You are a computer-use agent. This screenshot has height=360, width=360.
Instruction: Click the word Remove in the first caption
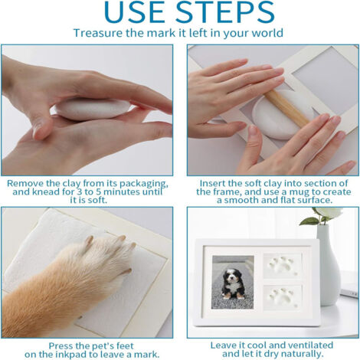click(x=25, y=184)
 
